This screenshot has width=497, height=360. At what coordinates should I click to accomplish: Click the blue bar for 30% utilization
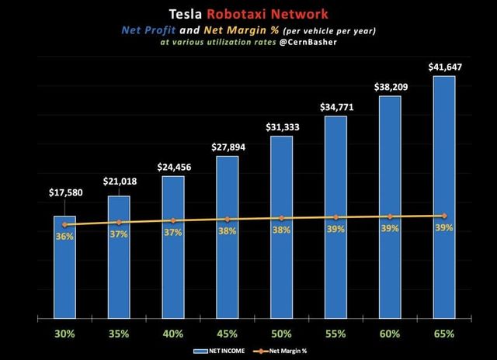point(64,268)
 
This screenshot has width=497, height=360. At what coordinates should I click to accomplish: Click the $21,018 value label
point(119,182)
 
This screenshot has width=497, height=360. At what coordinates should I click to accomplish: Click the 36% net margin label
point(64,237)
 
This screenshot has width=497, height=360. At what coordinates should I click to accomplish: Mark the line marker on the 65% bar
point(444,216)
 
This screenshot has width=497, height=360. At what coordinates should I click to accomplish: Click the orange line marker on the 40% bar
point(173,221)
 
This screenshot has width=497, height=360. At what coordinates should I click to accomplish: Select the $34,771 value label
point(335,107)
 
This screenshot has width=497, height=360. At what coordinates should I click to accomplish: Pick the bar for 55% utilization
point(335,217)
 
